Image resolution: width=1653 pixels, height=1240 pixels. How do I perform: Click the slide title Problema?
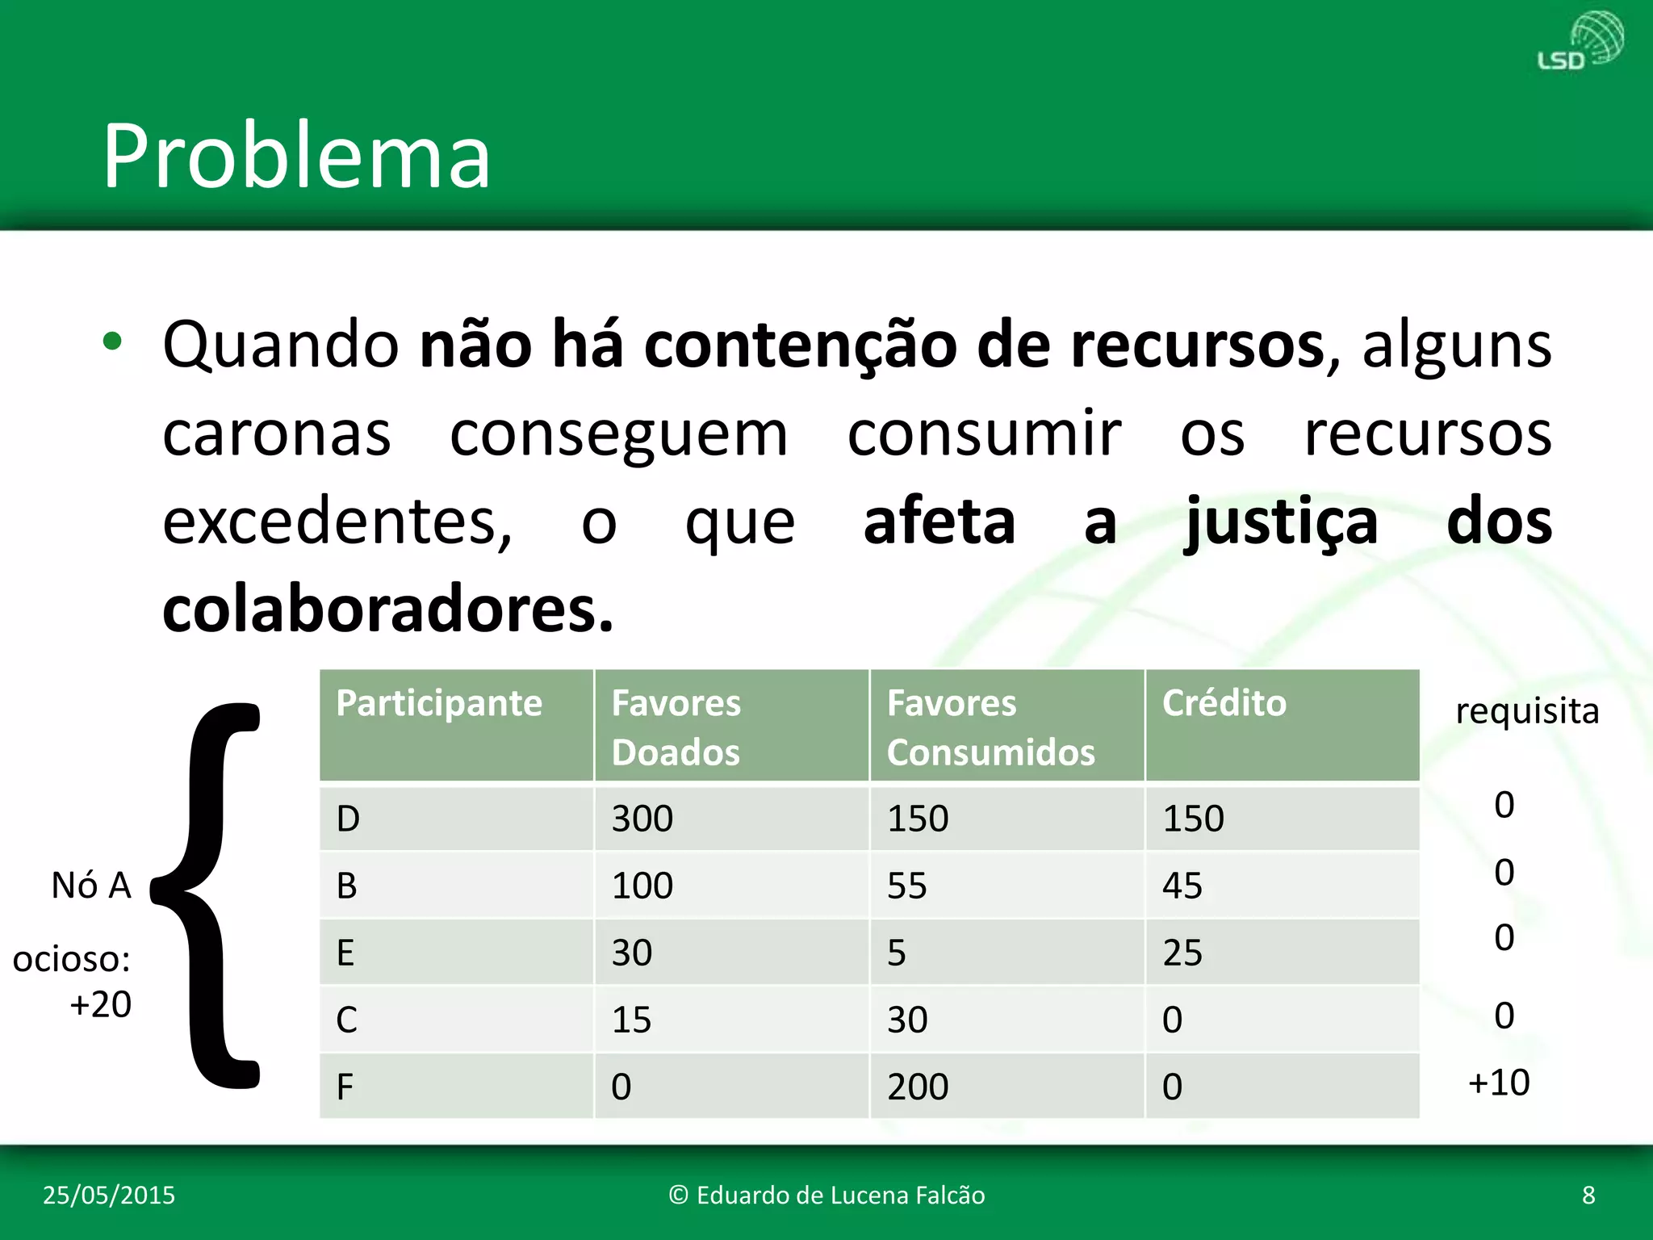[x=296, y=156]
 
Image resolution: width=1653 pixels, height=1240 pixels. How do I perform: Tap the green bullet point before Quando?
[x=112, y=342]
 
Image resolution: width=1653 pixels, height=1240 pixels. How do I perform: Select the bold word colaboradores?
[x=387, y=609]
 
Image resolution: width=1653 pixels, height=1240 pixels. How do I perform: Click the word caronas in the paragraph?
[x=277, y=434]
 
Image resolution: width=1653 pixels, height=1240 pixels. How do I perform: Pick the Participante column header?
[x=439, y=703]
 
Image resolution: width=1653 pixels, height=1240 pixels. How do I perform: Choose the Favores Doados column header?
[x=676, y=727]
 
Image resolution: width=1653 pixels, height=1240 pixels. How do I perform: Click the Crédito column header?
[x=1224, y=703]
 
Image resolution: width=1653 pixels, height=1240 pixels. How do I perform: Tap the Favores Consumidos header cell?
[x=990, y=727]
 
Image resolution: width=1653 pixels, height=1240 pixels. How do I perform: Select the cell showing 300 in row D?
[x=642, y=819]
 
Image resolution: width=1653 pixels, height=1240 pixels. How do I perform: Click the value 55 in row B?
[x=906, y=886]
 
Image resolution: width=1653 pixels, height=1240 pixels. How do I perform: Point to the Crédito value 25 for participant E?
[x=1182, y=953]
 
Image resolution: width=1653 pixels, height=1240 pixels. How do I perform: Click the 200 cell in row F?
[x=918, y=1087]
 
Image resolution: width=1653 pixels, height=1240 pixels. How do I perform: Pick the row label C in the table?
[x=346, y=1020]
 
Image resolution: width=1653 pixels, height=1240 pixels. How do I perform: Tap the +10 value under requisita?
[x=1499, y=1083]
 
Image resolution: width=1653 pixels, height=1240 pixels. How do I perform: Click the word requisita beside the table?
[x=1527, y=711]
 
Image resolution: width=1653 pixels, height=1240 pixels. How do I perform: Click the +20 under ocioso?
[x=100, y=1004]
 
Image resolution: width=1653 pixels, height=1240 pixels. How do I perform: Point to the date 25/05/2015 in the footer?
[x=109, y=1195]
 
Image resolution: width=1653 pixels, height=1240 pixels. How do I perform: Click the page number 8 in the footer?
[x=1588, y=1195]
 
